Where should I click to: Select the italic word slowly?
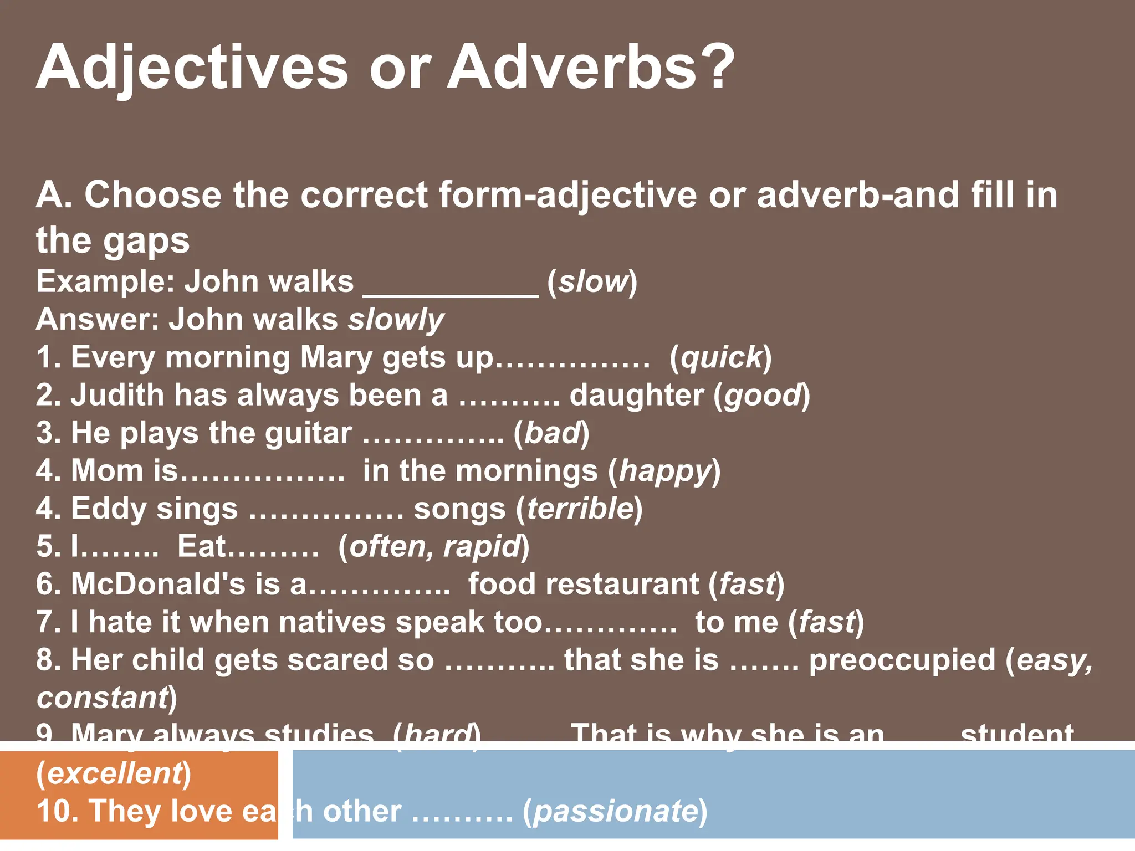point(396,320)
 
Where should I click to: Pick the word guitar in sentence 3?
point(308,433)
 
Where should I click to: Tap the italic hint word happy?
point(665,471)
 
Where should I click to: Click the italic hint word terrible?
point(580,509)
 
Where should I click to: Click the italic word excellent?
point(114,773)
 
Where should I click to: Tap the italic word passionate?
point(615,812)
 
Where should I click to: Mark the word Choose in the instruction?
point(153,195)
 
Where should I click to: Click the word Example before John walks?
point(105,282)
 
